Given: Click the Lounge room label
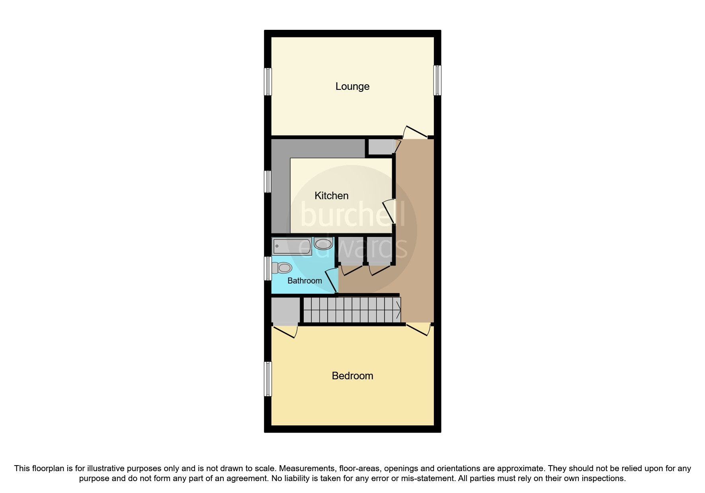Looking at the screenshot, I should pos(352,86).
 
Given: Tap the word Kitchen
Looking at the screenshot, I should pos(331,196).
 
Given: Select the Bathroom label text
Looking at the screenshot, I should pos(305,281).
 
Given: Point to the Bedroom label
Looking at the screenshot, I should pos(352,376).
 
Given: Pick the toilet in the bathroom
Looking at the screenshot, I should pos(281,268).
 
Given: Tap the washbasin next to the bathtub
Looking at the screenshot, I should pos(323,243).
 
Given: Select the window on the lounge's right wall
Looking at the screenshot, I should pos(437,80).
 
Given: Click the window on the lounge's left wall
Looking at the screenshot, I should pos(268,82).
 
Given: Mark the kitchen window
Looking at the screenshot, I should pos(268,182).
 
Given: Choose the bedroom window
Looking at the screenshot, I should pos(268,379).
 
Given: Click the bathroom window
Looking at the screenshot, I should pos(268,268).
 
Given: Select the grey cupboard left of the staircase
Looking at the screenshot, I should pos(285,311).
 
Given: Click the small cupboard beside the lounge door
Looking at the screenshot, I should pos(380,147).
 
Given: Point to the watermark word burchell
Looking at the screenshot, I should pos(353,215).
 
